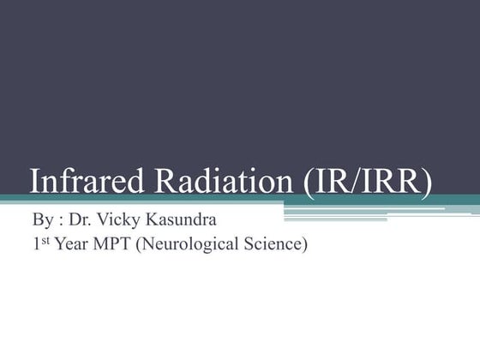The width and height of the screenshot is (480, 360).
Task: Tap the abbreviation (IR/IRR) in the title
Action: [x=366, y=182]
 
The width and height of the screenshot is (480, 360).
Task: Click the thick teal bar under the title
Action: [x=257, y=200]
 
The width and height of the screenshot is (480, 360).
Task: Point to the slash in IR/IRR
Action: [x=355, y=182]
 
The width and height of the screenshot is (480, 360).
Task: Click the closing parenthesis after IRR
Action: [x=426, y=183]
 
